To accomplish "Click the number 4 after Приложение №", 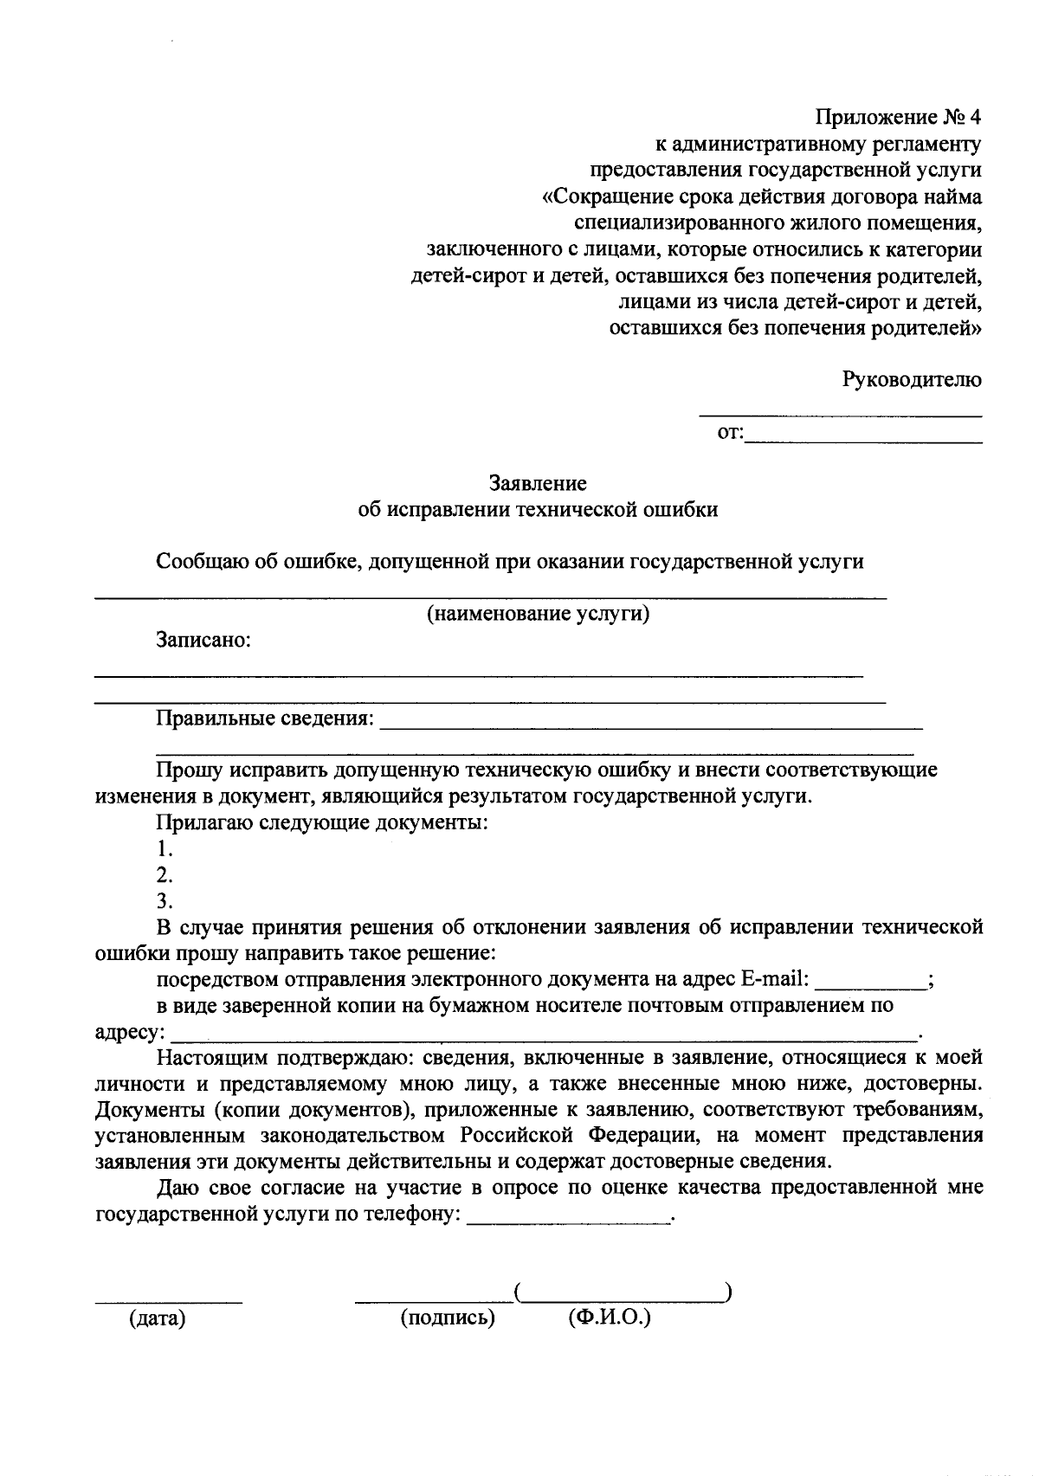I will point(975,117).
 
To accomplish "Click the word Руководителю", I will point(912,378).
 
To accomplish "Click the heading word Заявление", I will point(538,482).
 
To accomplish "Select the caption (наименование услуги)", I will point(538,614).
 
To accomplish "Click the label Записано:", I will point(203,640).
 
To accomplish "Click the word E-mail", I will point(774,979).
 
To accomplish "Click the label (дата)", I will point(158,1319).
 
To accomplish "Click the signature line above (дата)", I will point(168,1301).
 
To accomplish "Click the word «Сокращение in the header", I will point(606,197).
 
